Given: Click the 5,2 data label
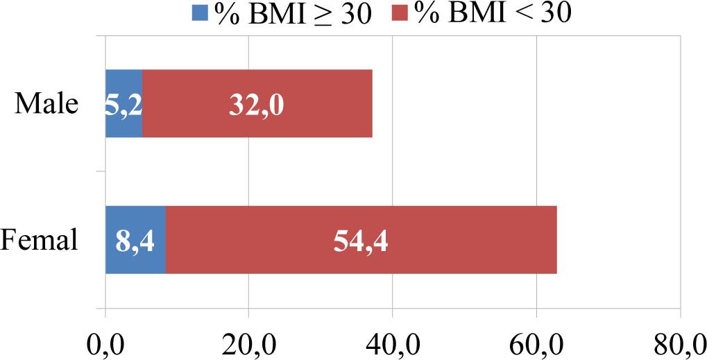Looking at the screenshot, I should pyautogui.click(x=123, y=105).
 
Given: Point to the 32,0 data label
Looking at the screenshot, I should pyautogui.click(x=256, y=105).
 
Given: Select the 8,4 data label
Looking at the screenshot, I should pyautogui.click(x=135, y=241).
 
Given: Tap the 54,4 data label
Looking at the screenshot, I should pyautogui.click(x=360, y=241).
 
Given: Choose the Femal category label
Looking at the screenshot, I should pyautogui.click(x=39, y=241).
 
